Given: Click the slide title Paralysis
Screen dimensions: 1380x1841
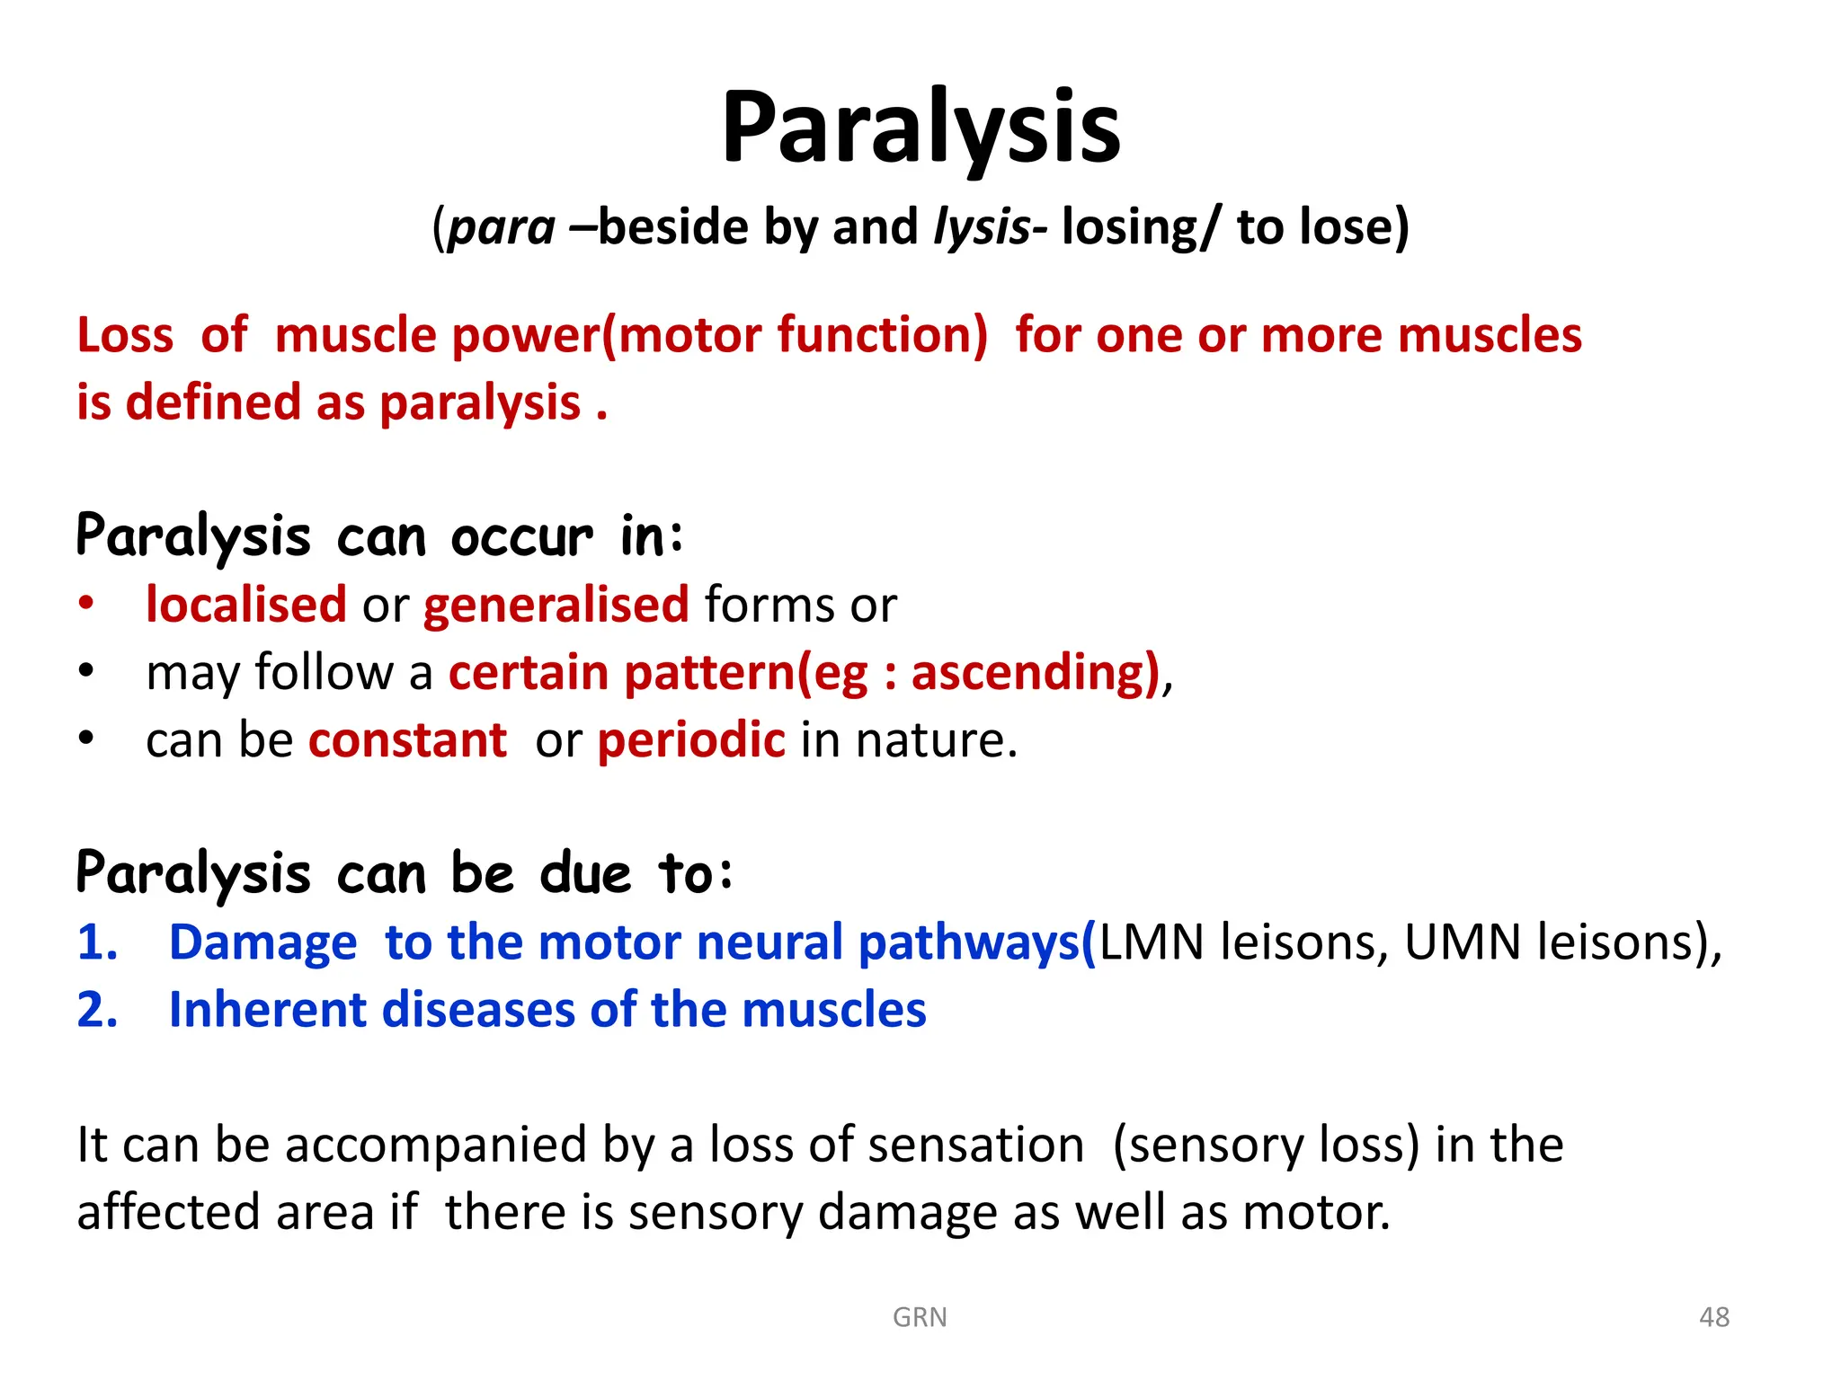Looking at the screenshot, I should tap(920, 128).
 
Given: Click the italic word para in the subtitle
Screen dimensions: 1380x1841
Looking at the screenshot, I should tap(502, 226).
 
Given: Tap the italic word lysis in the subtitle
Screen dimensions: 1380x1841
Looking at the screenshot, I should tap(982, 226).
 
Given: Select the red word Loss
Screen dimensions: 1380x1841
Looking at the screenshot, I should tap(125, 336).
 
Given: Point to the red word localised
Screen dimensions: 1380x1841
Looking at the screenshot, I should tap(245, 605).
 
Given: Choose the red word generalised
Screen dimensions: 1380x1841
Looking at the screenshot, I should tap(556, 605).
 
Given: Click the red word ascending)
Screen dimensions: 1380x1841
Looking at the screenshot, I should tap(1035, 673).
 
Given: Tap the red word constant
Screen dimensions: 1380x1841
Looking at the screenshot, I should tap(407, 741).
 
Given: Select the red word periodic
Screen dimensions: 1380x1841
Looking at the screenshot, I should tap(691, 741).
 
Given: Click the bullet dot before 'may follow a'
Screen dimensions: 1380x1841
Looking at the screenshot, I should tap(85, 670).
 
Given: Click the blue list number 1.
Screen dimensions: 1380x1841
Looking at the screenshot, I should tap(97, 943).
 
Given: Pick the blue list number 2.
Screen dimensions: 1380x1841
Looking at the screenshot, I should tap(97, 1011).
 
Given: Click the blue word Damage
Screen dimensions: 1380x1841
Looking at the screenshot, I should tap(262, 943).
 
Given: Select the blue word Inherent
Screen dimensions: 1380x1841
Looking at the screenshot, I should tap(267, 1011).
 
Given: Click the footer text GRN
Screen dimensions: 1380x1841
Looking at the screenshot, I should tap(920, 1317).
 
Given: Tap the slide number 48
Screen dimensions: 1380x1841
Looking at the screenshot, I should tap(1713, 1317).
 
